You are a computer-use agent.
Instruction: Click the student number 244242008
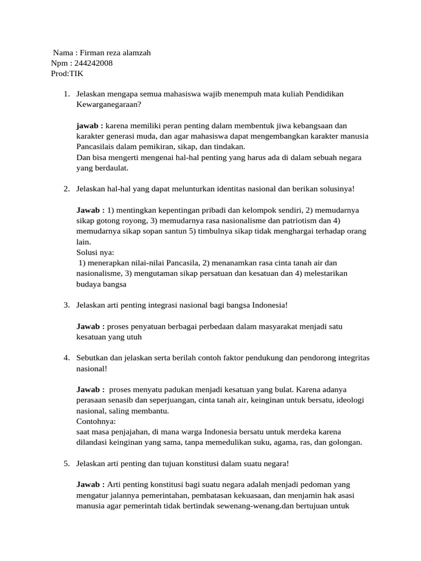click(93, 63)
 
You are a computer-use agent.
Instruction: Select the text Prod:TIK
click(65, 73)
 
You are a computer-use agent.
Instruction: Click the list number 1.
click(66, 94)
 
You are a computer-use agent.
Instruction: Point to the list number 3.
click(66, 305)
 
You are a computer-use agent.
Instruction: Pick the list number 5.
click(66, 463)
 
